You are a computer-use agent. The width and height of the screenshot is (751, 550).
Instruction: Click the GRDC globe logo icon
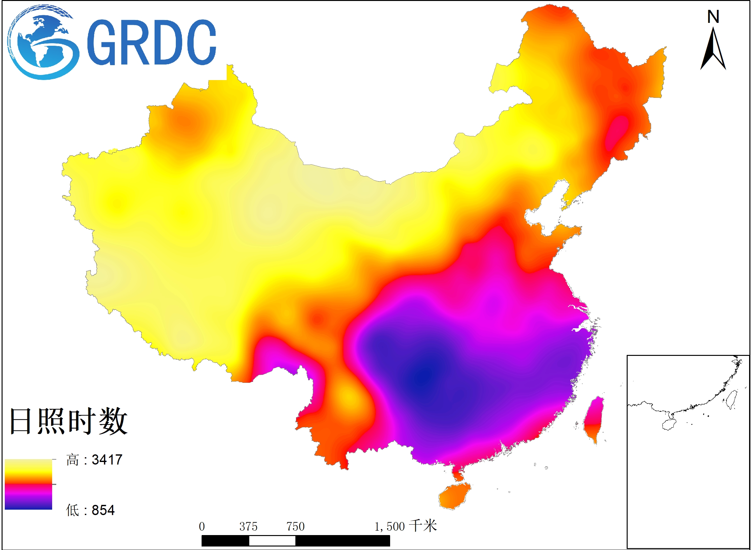pos(43,43)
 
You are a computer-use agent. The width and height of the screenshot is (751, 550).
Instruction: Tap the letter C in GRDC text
pos(201,43)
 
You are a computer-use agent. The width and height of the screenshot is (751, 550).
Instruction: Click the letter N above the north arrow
pos(713,17)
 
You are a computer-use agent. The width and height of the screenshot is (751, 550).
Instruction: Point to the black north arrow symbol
pos(713,50)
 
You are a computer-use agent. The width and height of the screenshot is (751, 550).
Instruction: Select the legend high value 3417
pos(107,460)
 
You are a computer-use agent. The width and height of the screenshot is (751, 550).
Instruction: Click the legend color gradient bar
pos(28,485)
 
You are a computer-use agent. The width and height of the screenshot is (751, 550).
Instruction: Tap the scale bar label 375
pos(248,527)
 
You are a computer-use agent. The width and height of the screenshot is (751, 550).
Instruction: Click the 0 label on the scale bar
pos(202,527)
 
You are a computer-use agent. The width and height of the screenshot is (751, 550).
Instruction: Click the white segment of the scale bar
pos(272,541)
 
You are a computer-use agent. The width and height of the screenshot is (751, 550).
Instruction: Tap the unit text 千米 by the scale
pos(423,526)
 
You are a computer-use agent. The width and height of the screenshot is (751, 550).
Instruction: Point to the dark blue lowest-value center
pos(423,376)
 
